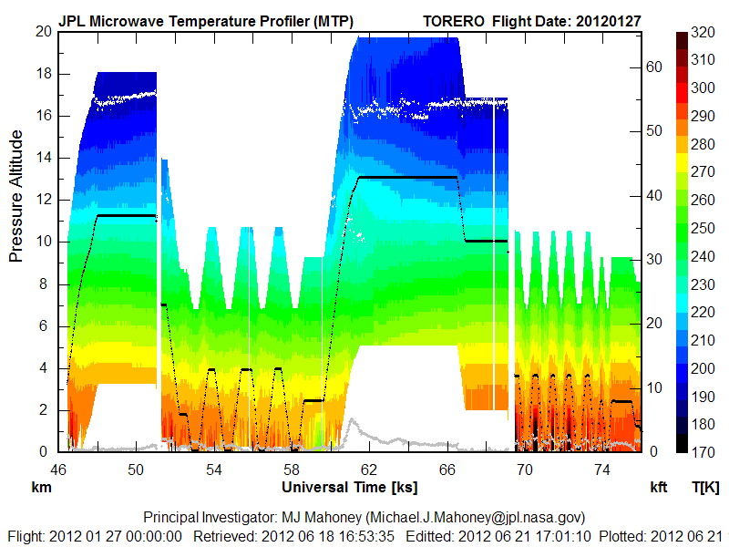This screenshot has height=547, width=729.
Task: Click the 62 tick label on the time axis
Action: coord(369,469)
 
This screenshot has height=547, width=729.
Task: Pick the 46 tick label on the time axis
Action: coord(59,469)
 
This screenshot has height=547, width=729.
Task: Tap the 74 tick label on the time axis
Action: coord(601,469)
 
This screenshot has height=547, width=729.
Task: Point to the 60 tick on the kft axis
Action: coord(652,67)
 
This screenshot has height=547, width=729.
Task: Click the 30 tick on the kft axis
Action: coord(652,260)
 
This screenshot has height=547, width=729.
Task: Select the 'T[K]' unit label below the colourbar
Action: coord(705,487)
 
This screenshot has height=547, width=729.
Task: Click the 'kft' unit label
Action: coord(658,487)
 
